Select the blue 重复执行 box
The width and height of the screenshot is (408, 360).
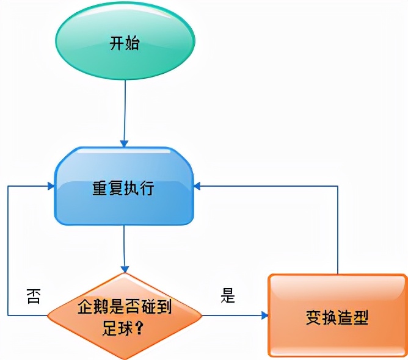point(124,186)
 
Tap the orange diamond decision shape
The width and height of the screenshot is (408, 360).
point(125,315)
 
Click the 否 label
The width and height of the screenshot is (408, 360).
point(32,297)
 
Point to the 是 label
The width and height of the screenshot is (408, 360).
point(228,297)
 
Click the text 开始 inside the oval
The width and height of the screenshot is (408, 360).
point(125,44)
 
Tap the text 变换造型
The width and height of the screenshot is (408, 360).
point(337,318)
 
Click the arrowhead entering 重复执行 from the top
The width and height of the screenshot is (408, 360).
point(124,143)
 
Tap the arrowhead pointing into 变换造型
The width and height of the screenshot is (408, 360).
point(264,315)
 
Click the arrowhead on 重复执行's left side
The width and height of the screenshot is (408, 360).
point(51,185)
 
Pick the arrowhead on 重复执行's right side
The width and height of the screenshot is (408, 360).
point(198,185)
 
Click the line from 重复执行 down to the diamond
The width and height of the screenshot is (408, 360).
point(125,247)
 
